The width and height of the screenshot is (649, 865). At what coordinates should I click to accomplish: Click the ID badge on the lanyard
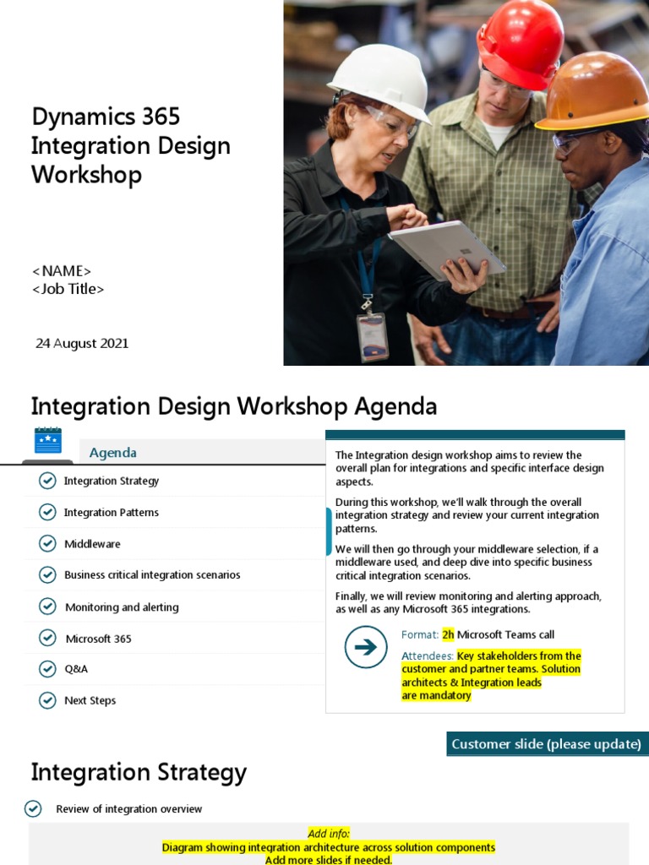(372, 335)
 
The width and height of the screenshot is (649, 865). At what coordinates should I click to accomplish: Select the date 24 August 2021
(82, 343)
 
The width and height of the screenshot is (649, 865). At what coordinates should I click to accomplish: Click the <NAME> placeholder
(62, 271)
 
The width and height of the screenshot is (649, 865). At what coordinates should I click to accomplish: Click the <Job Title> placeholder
(68, 289)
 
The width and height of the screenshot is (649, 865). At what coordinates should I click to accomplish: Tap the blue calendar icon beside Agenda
(47, 441)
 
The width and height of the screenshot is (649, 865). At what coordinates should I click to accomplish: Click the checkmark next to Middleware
(47, 544)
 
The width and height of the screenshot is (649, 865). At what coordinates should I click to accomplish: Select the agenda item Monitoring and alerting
(122, 607)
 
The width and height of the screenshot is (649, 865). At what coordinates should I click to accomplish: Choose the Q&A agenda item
(76, 669)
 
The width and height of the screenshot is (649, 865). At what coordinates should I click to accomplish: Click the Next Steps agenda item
(90, 700)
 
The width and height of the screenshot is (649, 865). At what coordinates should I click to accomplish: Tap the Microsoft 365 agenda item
(98, 639)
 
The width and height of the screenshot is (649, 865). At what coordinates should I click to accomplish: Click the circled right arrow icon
(366, 648)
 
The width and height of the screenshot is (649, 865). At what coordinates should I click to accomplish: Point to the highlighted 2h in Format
(448, 634)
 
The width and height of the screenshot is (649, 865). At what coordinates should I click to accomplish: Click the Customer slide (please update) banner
(546, 744)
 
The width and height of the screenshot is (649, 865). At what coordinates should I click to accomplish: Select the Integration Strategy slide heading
(139, 772)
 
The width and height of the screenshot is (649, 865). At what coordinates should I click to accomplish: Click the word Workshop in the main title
(86, 175)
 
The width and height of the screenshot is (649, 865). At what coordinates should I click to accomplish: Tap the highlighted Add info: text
(329, 834)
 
